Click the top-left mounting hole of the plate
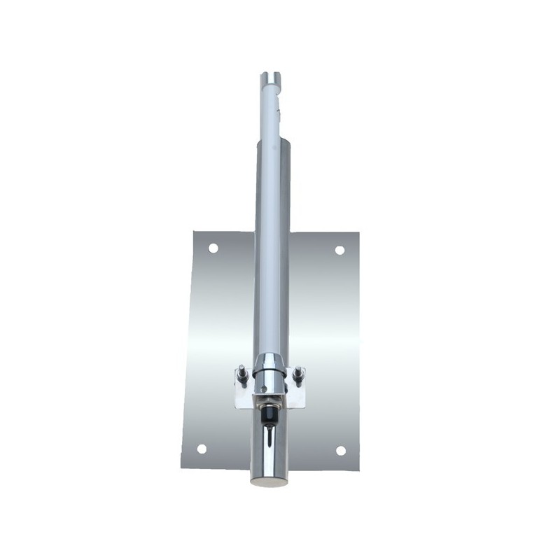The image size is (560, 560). (x=213, y=248)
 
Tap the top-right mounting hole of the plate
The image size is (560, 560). (x=339, y=250)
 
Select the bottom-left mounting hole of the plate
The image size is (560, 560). (x=202, y=449)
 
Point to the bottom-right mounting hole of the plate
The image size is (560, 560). (x=341, y=450)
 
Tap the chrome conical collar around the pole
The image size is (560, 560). (x=269, y=365)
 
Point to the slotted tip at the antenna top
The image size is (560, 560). (x=269, y=77)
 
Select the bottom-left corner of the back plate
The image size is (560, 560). (x=182, y=467)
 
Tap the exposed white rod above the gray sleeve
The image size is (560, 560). (x=270, y=112)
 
